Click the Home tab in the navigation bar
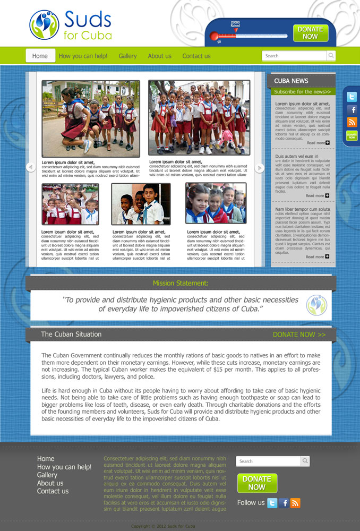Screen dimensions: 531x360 click(x=40, y=56)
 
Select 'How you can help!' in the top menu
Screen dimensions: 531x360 click(x=83, y=56)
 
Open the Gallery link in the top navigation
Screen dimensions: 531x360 click(x=127, y=56)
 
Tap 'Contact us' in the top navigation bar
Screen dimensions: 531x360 click(x=196, y=56)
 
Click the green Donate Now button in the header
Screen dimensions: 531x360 click(x=311, y=33)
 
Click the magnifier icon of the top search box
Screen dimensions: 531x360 click(x=331, y=56)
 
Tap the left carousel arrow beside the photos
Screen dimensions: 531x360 click(x=30, y=167)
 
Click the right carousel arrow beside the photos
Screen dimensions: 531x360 click(x=260, y=168)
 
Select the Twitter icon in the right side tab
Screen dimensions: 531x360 click(x=352, y=97)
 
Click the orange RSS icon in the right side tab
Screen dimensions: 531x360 click(x=352, y=122)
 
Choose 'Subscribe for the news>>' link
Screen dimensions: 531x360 click(x=302, y=92)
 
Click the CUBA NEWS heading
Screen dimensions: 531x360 click(x=291, y=81)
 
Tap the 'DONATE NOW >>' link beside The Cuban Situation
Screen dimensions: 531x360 click(x=299, y=335)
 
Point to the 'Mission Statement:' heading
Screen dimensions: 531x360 click(x=181, y=283)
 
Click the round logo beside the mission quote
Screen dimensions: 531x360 click(x=316, y=305)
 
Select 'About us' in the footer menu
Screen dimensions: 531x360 click(x=50, y=483)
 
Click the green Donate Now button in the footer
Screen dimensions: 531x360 click(x=256, y=483)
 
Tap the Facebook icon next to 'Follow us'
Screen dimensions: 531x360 click(x=284, y=503)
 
